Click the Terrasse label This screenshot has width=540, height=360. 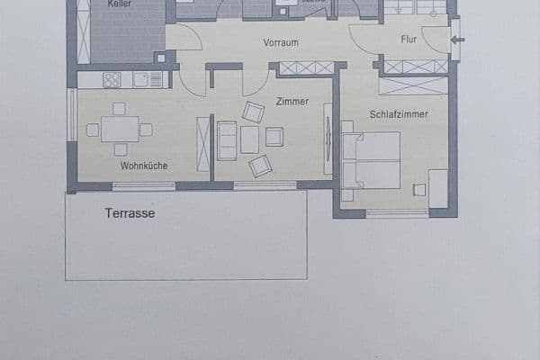(x=130, y=213)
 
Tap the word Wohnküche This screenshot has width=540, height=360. (x=144, y=166)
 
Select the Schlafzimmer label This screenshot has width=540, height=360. (x=398, y=114)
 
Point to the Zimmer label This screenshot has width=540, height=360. (x=292, y=102)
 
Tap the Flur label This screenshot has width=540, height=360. (x=409, y=40)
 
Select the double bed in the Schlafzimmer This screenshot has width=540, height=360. (x=371, y=160)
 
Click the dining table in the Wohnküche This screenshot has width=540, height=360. (x=119, y=130)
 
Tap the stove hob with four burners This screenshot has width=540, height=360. (x=112, y=80)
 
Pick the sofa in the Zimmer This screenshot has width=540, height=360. (x=227, y=139)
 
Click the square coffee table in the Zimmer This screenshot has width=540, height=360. (x=249, y=139)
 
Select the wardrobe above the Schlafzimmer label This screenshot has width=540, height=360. (x=413, y=86)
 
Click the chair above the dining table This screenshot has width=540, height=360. (x=119, y=109)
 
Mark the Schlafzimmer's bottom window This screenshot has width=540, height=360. (x=397, y=213)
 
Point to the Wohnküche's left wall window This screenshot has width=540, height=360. (x=72, y=113)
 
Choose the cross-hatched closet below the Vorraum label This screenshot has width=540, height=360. (x=307, y=68)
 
